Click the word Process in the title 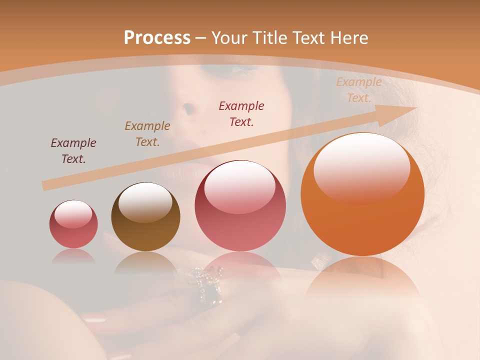coord(157,38)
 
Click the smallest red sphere coord(73,224)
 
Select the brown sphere coord(145,216)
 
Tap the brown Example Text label coord(147,134)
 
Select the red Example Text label coord(241,113)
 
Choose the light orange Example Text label coord(359,90)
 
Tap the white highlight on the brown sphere coord(145,201)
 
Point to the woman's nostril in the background coord(187,108)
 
